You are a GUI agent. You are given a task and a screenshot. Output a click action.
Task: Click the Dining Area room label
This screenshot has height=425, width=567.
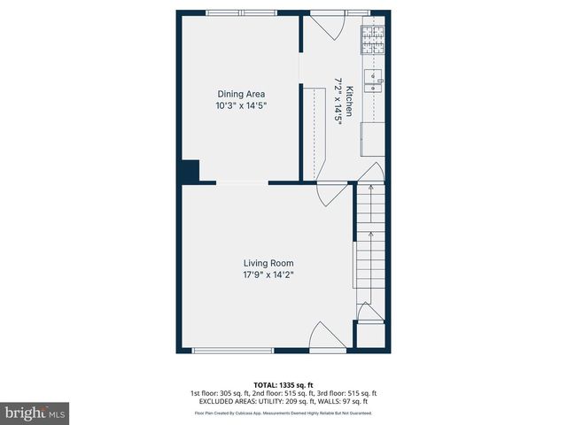tap(241, 94)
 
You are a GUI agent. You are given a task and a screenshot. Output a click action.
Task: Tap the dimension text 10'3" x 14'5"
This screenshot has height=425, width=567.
tap(241, 105)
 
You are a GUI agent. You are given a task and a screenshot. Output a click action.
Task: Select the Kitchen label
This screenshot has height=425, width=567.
tap(349, 103)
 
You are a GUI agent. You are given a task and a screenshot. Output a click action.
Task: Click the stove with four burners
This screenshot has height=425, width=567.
tap(372, 40)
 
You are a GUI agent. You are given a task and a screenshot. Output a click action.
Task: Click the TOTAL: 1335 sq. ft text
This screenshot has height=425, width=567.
tap(283, 385)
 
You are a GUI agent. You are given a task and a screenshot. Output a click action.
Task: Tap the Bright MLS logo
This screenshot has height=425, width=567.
tap(35, 413)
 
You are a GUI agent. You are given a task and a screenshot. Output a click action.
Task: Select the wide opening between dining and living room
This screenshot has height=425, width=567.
tap(242, 183)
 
